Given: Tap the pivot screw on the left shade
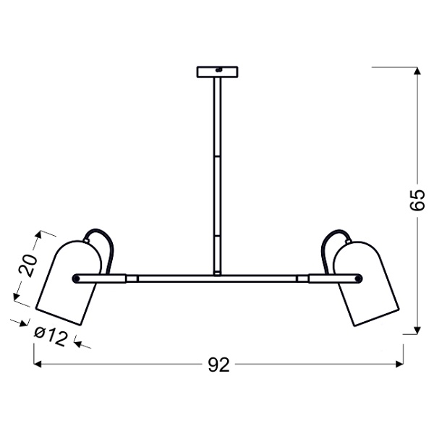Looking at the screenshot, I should [x=76, y=277].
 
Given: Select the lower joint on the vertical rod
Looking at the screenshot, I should [x=216, y=236].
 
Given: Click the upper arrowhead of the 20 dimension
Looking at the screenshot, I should [x=41, y=234].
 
